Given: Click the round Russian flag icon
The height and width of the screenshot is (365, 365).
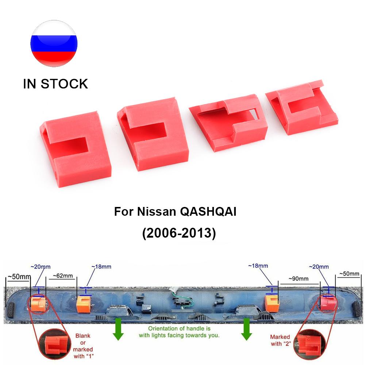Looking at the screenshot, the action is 54,43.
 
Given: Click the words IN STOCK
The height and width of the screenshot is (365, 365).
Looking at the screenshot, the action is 55,84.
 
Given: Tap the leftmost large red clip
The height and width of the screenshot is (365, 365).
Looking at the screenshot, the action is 76,149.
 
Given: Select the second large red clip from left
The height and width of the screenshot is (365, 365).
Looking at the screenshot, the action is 153,134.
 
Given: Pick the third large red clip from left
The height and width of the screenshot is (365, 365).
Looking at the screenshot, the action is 228,122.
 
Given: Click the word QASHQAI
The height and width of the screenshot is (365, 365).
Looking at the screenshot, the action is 208,212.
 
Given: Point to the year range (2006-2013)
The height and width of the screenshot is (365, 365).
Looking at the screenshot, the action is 179,233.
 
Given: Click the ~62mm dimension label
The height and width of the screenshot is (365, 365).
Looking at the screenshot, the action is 63,276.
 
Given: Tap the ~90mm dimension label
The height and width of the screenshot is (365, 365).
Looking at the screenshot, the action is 299,278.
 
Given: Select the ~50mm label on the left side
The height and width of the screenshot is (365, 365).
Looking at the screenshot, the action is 19,277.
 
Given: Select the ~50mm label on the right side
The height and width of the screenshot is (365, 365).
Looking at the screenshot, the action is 349,274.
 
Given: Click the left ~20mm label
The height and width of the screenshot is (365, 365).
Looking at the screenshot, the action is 41,267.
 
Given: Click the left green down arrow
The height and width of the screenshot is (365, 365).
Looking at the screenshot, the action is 118,329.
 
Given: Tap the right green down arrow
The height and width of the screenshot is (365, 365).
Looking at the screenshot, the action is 246,329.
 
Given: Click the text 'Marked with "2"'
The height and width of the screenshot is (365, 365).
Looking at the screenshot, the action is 280,340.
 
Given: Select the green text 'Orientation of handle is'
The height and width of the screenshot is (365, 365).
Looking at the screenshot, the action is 179,328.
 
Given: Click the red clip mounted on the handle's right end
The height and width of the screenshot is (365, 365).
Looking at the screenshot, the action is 328,303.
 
